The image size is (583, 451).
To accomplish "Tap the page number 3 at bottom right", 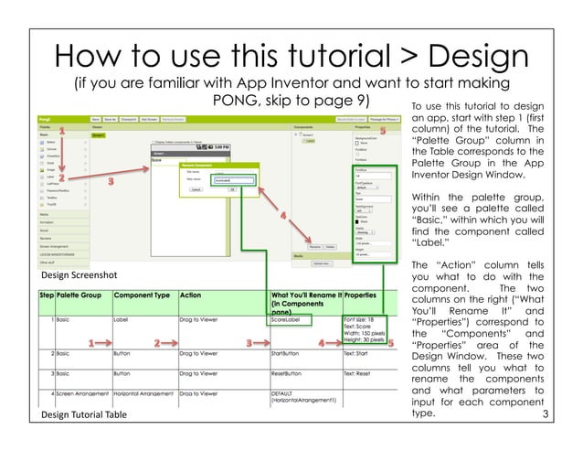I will point(546,417).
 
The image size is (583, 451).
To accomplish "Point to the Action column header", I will point(191,296).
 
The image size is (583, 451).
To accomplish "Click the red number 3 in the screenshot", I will point(111,182).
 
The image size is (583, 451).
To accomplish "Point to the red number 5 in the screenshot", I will point(383,132).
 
